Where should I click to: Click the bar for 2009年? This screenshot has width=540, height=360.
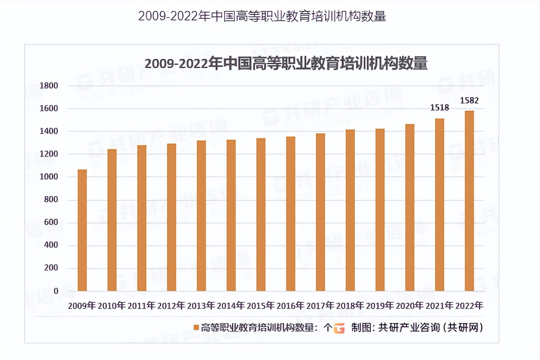pos(82,230)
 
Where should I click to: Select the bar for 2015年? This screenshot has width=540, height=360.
pos(261,215)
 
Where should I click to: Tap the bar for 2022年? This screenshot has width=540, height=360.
pos(469,201)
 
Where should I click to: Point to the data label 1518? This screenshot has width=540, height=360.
pos(439,107)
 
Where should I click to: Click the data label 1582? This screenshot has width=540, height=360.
pos(469,100)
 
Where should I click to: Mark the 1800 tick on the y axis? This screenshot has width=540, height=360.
pos(49,85)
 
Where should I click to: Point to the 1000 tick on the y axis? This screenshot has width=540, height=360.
pos(49,176)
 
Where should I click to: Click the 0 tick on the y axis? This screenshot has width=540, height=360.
pos(56,291)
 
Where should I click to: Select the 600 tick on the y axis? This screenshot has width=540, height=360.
pos(51,222)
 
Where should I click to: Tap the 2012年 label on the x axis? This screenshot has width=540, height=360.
pos(171,305)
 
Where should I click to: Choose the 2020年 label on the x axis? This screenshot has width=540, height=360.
pos(410,305)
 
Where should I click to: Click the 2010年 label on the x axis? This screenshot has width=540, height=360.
pos(112,305)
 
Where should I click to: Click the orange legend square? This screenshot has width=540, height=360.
pos(196,327)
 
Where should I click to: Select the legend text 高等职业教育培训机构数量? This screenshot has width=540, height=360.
pos(257,327)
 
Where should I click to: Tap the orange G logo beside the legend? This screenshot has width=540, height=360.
pos(339,328)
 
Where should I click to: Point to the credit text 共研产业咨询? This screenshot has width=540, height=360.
pos(409,327)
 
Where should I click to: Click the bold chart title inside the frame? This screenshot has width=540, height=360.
pos(286,63)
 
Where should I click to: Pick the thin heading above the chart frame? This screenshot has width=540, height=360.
pos(262,16)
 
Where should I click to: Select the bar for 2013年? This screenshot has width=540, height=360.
pos(201,216)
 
